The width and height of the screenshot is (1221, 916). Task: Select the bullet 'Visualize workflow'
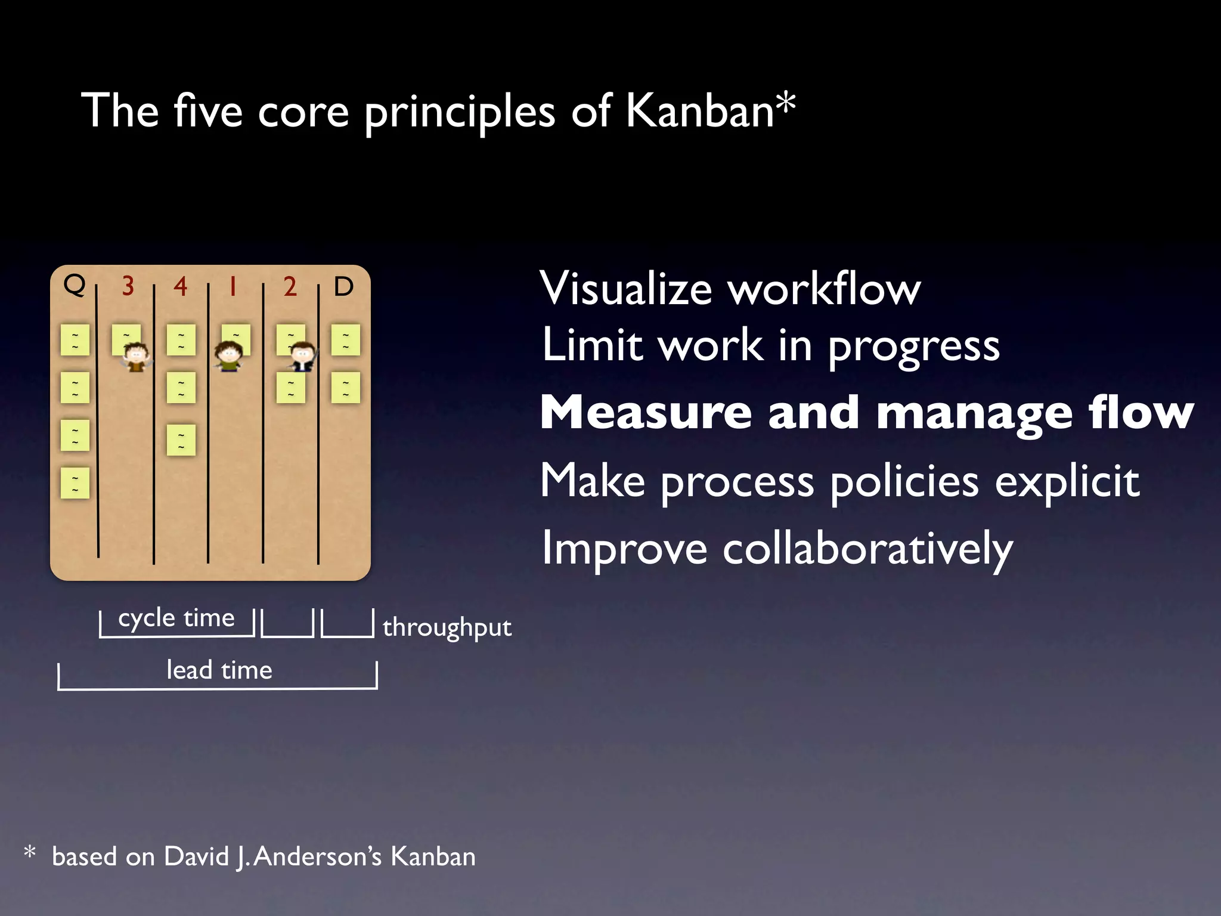tap(730, 289)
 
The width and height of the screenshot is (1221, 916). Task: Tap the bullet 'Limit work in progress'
tap(770, 346)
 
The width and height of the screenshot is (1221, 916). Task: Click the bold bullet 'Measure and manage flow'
tap(867, 413)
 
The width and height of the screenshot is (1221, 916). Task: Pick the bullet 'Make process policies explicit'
tap(839, 481)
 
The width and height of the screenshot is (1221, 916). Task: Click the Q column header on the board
tap(75, 285)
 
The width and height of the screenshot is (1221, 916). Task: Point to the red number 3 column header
tap(128, 287)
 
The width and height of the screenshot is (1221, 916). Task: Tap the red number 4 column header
tap(181, 287)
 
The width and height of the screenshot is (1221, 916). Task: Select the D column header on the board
tap(343, 287)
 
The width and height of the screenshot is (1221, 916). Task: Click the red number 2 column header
tap(290, 287)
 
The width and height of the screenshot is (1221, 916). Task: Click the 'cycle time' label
tap(176, 618)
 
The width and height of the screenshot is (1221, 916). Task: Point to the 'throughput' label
tap(447, 628)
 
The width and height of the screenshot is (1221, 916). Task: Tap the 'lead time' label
tap(219, 670)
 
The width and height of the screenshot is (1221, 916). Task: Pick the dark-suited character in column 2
tap(302, 357)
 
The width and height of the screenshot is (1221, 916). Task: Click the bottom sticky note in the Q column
tap(75, 483)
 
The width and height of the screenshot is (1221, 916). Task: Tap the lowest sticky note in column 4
tap(181, 440)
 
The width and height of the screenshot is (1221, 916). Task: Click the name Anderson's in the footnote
tap(317, 857)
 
